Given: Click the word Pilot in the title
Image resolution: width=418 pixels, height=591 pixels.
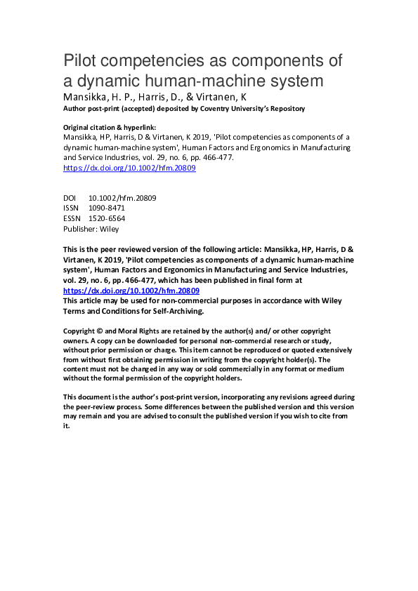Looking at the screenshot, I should tap(80, 60).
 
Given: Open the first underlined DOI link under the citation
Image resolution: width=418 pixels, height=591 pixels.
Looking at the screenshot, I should tap(129, 168).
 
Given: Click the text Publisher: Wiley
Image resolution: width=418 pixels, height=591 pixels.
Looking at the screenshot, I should tap(91, 229).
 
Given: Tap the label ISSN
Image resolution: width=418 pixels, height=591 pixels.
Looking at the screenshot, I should tap(71, 208).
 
